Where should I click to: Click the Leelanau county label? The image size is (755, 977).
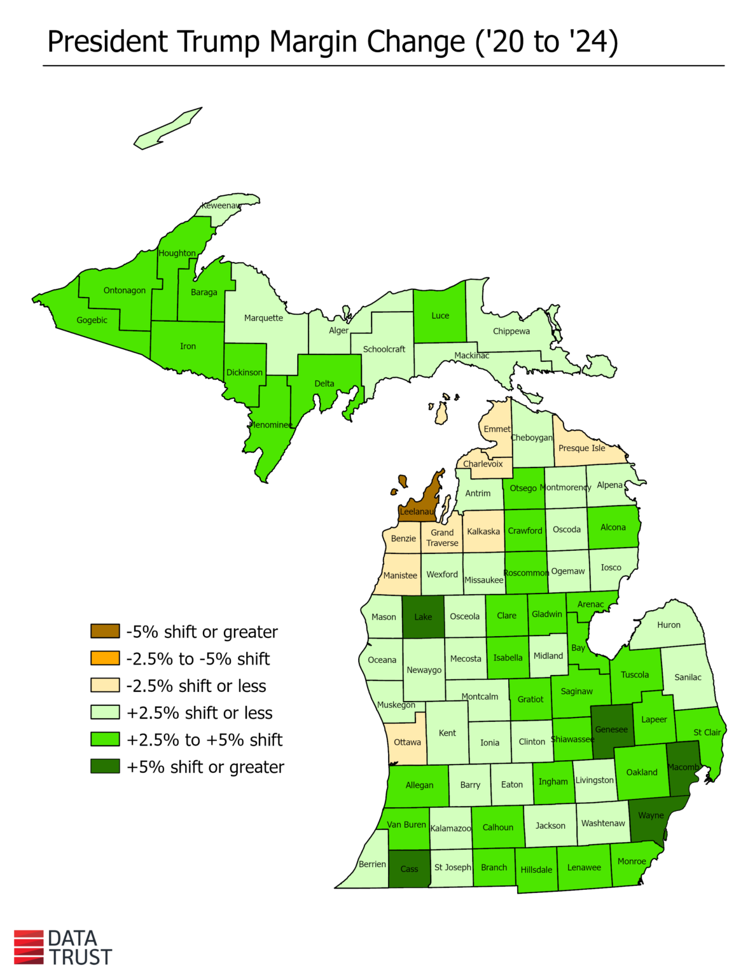pos(417,511)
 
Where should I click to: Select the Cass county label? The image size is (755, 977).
pos(409,869)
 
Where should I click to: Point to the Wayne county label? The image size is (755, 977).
pos(651,815)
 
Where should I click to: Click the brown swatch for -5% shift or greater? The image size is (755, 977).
pos(105,632)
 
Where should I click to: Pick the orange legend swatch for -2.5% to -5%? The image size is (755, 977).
pos(105,658)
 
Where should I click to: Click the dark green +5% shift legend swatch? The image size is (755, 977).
pos(105,766)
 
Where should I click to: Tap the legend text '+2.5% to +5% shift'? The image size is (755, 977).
pos(204,740)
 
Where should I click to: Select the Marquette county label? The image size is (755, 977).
pos(263,318)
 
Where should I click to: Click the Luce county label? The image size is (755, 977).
pos(440,315)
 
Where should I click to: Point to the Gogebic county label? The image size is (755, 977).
pos(92,320)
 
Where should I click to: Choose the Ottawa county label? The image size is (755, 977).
pos(407,742)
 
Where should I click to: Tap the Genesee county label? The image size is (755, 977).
pos(611,730)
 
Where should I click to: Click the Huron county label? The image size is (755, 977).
pos(668,625)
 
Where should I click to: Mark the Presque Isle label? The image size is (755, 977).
pos(581,448)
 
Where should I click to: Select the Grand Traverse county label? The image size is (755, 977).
pos(442,537)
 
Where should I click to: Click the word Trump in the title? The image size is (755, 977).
pos(218,42)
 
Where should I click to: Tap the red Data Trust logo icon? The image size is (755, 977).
pos(29,947)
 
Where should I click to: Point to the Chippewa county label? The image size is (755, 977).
pos(511,331)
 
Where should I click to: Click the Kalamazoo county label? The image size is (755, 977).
pos(450,828)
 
